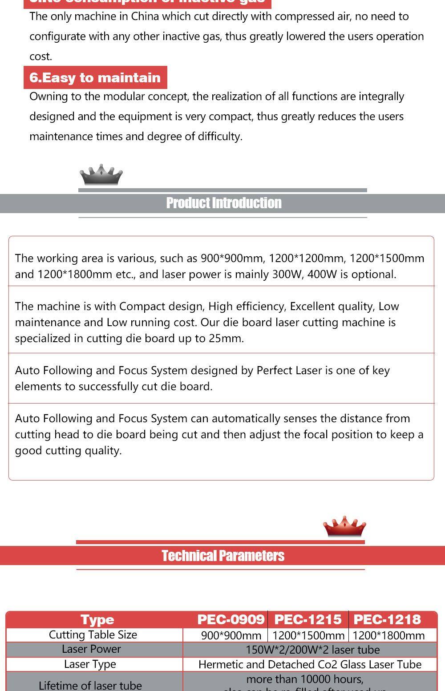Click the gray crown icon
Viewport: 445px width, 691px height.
[x=101, y=175]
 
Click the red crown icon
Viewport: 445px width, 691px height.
[x=344, y=527]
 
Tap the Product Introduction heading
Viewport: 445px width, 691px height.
[x=223, y=203]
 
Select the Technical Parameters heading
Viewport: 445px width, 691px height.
[x=223, y=556]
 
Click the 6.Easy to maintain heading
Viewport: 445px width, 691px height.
[x=95, y=77]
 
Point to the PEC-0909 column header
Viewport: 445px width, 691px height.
[x=231, y=619]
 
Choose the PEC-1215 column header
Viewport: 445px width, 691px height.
[x=308, y=619]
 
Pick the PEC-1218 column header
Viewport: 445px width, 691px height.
[x=387, y=619]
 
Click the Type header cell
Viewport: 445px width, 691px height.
[x=97, y=619]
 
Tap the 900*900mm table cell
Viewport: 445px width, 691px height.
[x=231, y=635]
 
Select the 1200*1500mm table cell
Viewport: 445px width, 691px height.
[x=308, y=635]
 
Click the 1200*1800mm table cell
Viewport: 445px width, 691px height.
[x=388, y=635]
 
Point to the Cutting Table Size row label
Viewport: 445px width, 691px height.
[x=93, y=634]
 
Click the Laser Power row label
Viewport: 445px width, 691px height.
[x=91, y=649]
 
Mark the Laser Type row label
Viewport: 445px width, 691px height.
[x=90, y=664]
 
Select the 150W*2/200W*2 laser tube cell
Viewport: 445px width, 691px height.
[x=312, y=650]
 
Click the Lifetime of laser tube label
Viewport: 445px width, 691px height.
[x=90, y=685]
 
